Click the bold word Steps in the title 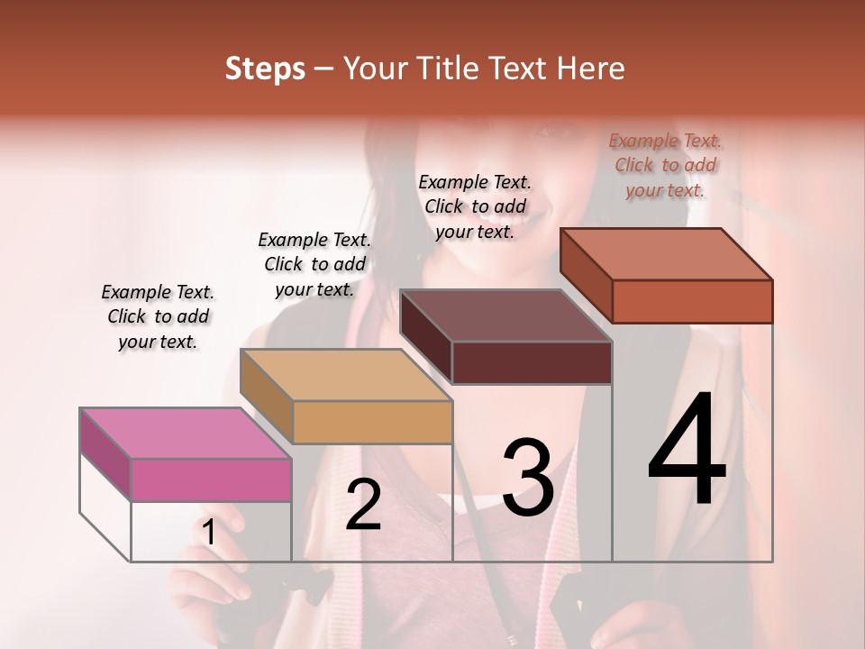(x=265, y=69)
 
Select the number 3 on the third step (x=527, y=478)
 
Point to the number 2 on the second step (x=363, y=505)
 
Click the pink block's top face (x=185, y=434)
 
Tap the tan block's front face (x=372, y=422)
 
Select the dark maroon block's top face (x=506, y=315)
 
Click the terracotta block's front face (x=692, y=301)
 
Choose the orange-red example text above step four (x=665, y=165)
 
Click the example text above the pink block (x=158, y=316)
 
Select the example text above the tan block (x=314, y=264)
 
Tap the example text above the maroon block (x=475, y=206)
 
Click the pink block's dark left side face (x=105, y=451)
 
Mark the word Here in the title (x=592, y=69)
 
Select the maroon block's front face (x=532, y=363)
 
